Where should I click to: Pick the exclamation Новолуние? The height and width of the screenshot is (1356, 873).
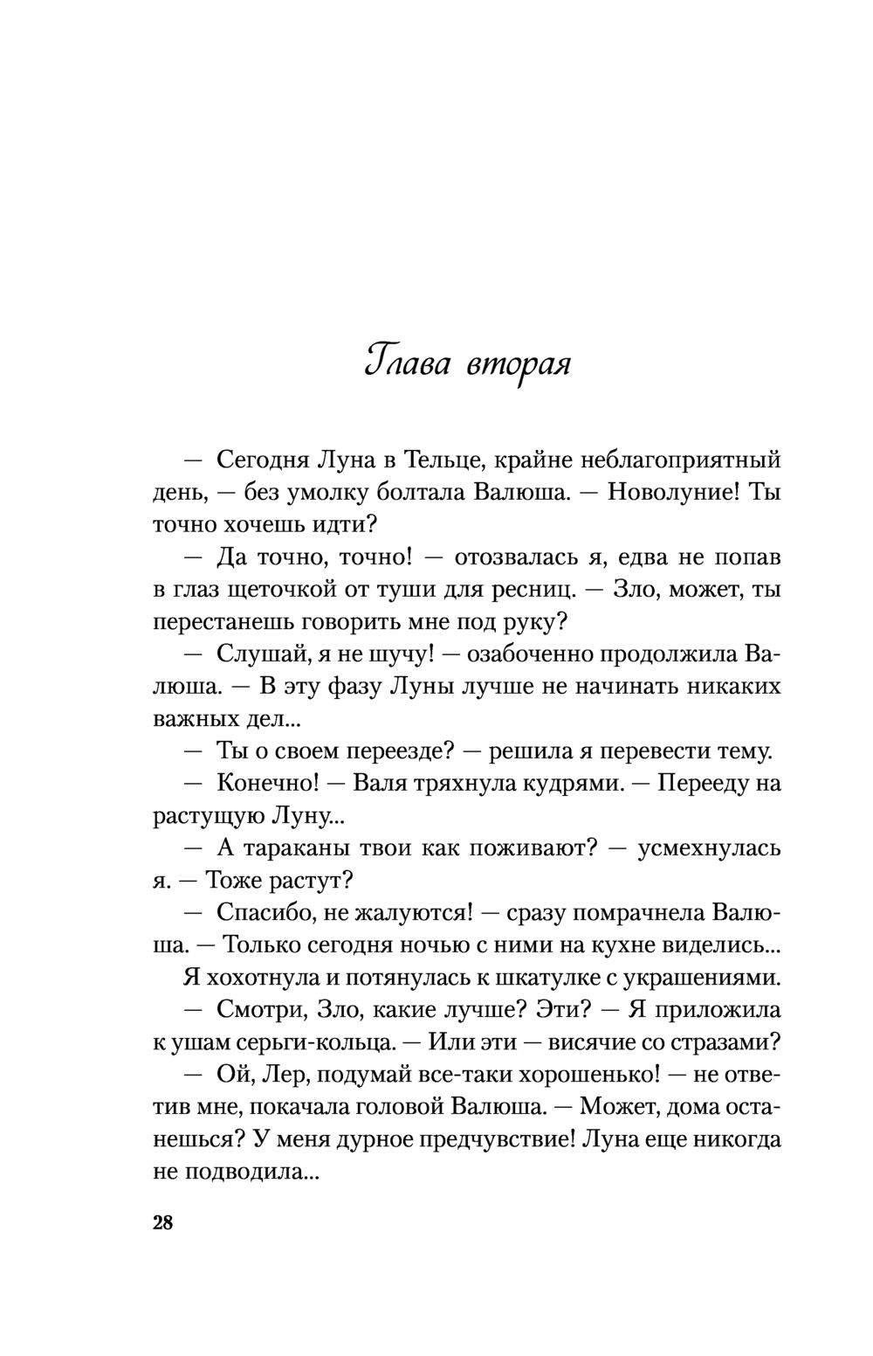(x=673, y=492)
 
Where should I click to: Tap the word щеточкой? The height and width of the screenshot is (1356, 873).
(x=286, y=589)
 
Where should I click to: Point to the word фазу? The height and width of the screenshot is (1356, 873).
(x=340, y=686)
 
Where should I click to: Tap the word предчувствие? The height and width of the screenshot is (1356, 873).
(x=498, y=1138)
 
